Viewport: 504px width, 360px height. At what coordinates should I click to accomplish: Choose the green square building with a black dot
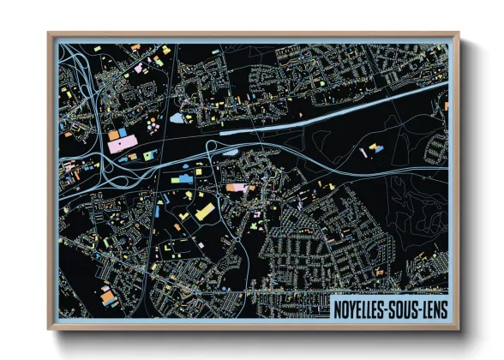[x=150, y=155]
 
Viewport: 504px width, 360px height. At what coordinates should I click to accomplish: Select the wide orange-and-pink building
[x=238, y=186]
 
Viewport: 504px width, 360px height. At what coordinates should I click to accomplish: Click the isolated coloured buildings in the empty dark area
[x=374, y=152]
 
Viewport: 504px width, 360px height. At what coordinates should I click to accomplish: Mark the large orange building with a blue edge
[x=109, y=297]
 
